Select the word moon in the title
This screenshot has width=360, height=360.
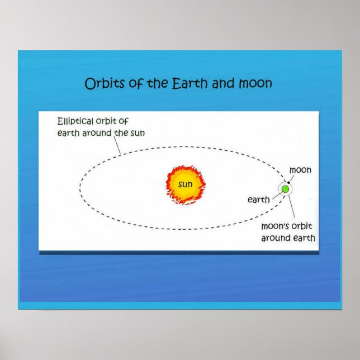click(x=255, y=84)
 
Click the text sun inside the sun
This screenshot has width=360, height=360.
click(x=186, y=184)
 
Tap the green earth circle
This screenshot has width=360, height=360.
click(x=286, y=189)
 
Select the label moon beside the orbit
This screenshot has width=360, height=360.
click(x=300, y=170)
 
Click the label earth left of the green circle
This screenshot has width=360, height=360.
click(x=259, y=200)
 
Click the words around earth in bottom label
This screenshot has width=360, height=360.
click(x=288, y=238)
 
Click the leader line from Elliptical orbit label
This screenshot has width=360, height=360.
click(x=117, y=146)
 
